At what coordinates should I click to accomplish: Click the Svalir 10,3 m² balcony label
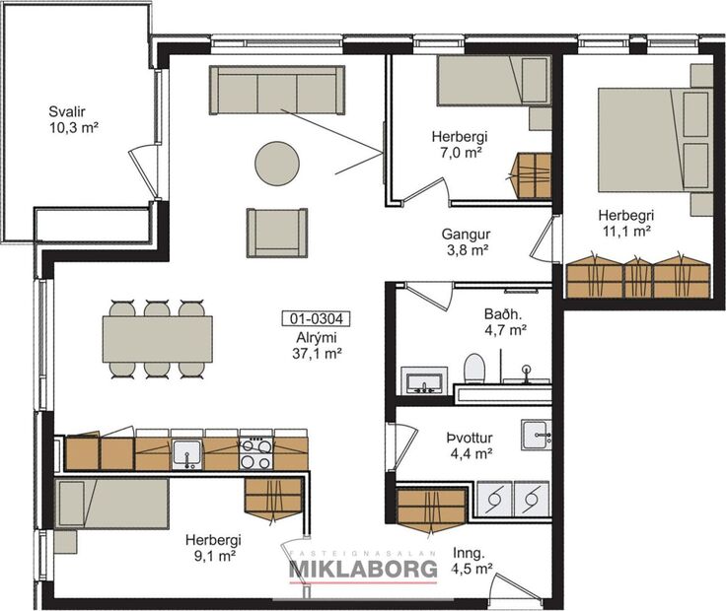pos(74,119)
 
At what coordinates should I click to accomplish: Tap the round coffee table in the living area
pos(277,164)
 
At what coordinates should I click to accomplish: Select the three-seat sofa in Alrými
pos(276,91)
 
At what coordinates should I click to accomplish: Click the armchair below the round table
pos(277,233)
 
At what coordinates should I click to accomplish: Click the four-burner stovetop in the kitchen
pos(256,453)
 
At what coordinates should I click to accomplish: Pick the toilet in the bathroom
pos(474,372)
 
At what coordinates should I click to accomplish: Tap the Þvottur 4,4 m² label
pos(469,445)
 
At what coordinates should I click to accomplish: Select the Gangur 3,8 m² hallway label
pos(466,242)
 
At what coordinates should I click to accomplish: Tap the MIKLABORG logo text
pos(362,569)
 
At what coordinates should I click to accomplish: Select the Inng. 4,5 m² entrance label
pos(471,560)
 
